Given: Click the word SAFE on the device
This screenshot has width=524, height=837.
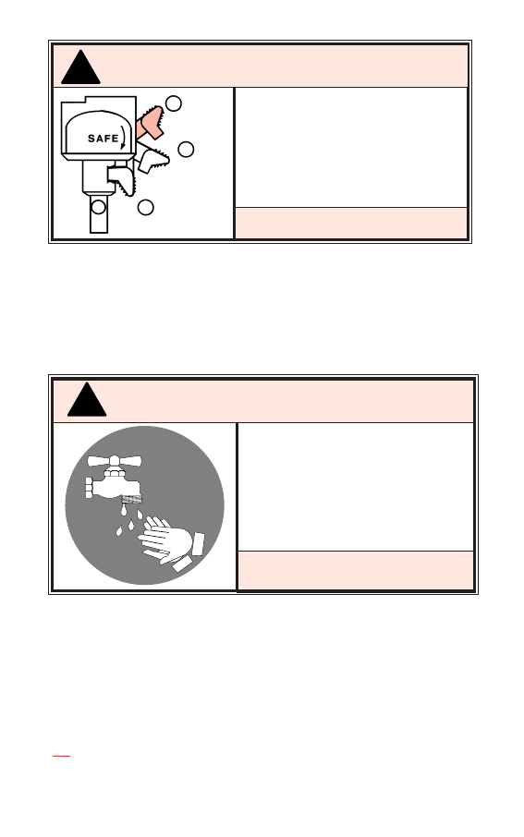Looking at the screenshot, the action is [104, 139].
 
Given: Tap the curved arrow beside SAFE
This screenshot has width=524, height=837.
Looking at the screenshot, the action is [124, 137].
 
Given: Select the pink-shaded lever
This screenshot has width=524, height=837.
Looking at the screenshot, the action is [150, 123].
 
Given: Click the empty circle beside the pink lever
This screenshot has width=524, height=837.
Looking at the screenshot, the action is [173, 103].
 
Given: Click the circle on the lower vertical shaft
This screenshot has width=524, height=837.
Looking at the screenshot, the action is [98, 207].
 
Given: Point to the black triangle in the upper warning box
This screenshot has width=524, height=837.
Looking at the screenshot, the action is [80, 67].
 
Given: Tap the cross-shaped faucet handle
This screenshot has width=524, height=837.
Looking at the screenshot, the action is [115, 460].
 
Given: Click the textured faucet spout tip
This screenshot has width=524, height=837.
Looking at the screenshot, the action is [131, 499].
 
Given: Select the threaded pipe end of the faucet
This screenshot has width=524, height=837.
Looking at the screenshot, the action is [89, 488].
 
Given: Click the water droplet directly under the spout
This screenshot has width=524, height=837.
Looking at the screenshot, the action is [124, 511].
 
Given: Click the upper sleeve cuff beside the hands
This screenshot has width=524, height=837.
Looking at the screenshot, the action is [198, 543].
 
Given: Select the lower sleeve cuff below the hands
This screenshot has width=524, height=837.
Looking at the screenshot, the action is [182, 564].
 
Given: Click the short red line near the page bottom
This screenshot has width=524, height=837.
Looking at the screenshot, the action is [61, 756].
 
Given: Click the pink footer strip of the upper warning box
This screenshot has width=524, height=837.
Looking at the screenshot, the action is [351, 223].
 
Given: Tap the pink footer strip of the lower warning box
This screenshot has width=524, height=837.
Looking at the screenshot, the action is [356, 571].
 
